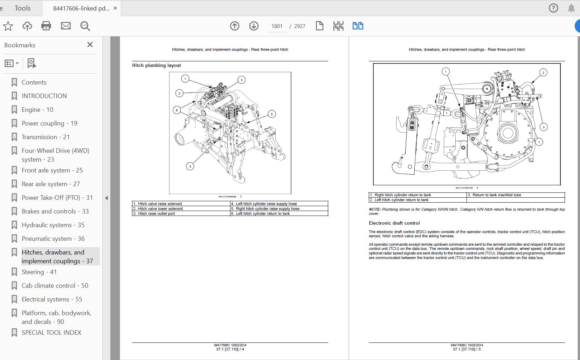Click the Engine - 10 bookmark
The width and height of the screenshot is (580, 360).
pos(37,110)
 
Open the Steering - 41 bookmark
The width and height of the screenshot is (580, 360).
pos(39,272)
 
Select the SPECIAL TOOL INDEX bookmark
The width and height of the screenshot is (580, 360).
pos(51,333)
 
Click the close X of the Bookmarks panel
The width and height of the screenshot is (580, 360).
pos(90,45)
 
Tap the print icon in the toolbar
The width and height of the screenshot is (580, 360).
pos(46,26)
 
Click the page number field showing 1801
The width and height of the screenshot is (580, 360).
pos(277,26)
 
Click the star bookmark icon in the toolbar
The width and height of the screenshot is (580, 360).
pos(8,26)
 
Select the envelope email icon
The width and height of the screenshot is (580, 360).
pos(65,26)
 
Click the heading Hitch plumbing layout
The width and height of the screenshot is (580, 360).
pos(157,66)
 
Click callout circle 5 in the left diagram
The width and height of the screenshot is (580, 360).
pos(271,114)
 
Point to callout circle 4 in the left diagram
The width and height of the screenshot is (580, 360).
pos(190,166)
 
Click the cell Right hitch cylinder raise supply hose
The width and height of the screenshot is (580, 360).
pos(268,209)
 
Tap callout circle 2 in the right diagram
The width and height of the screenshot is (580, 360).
pos(543,73)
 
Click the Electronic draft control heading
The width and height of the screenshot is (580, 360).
pos(394,223)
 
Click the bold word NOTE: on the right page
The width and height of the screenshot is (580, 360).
pos(374,209)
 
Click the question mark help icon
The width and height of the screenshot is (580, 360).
pos(553,8)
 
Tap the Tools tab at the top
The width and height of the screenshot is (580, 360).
pos(22,8)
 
